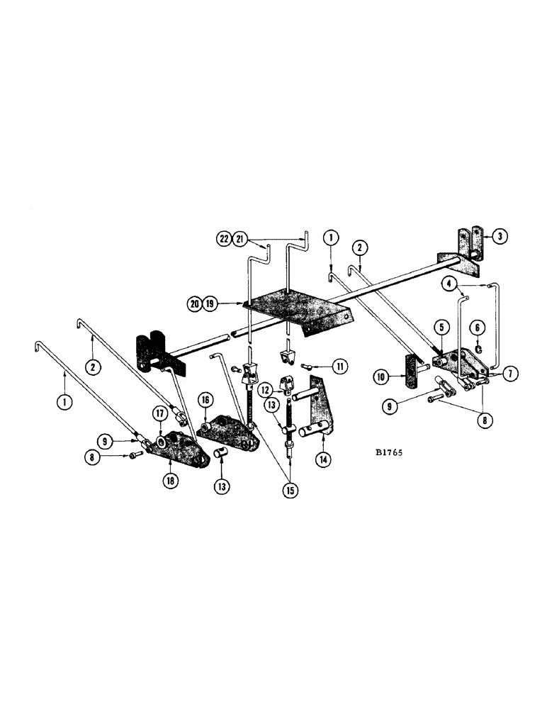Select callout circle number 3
pos(501,237)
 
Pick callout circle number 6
pos(479,327)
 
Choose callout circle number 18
pos(169,479)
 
